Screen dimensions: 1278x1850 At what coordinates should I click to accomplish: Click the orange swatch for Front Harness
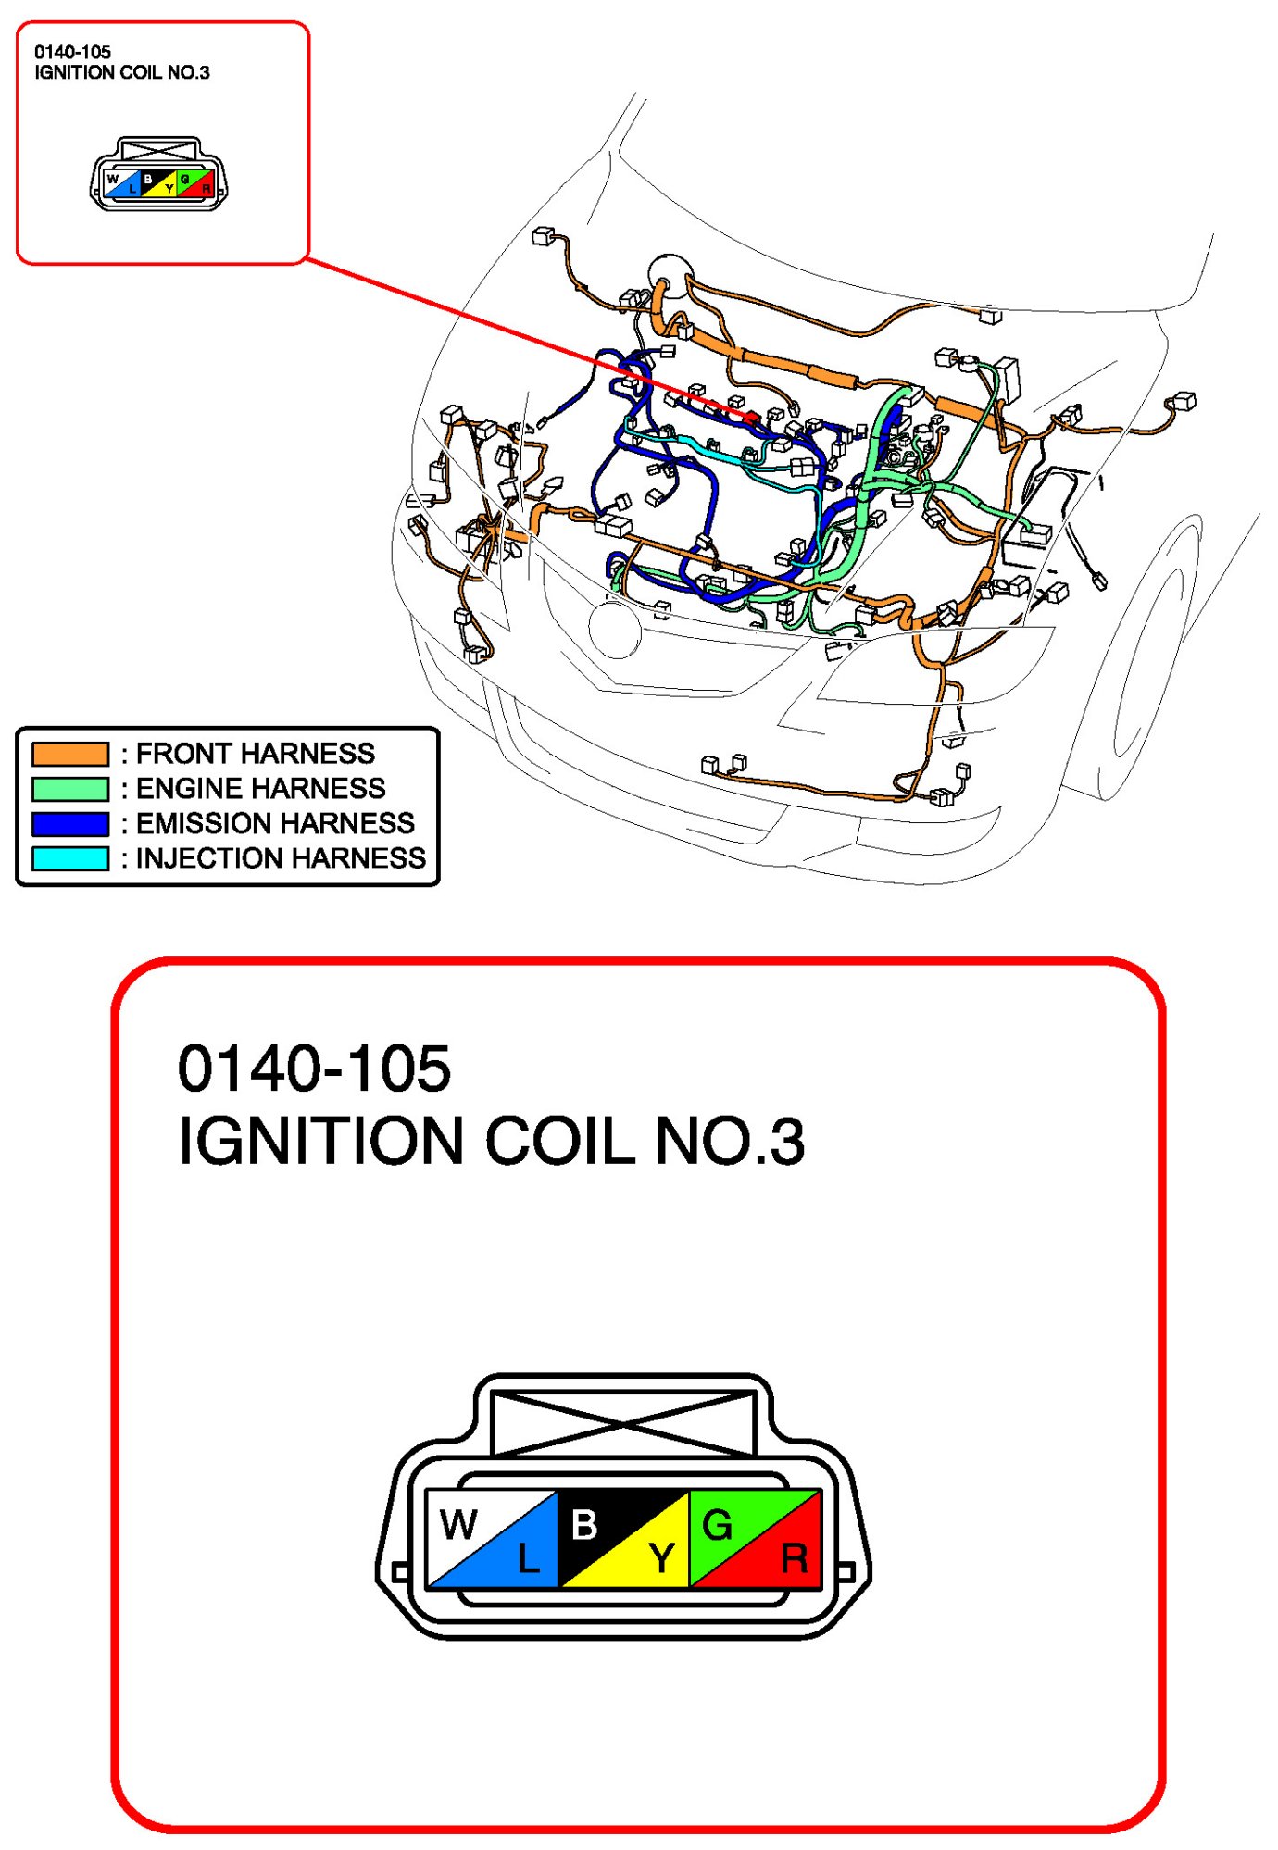70,754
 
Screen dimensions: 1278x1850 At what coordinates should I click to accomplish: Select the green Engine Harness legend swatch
70,789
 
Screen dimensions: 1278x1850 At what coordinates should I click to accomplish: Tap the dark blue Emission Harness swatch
70,823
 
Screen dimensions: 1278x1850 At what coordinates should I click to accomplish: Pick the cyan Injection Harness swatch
70,858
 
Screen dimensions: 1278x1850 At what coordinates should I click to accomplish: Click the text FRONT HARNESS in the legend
256,754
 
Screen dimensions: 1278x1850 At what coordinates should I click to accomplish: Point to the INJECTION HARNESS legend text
281,858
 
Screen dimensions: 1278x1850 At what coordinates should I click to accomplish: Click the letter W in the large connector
458,1524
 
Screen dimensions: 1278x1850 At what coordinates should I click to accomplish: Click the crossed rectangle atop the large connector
623,1422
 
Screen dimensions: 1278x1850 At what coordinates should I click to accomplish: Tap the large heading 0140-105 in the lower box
314,1069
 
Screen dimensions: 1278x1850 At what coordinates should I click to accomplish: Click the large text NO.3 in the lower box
730,1141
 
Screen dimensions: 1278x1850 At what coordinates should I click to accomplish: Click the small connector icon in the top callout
157,176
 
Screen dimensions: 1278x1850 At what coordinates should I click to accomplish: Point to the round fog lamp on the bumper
614,630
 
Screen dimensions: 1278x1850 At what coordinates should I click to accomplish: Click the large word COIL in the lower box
559,1141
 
